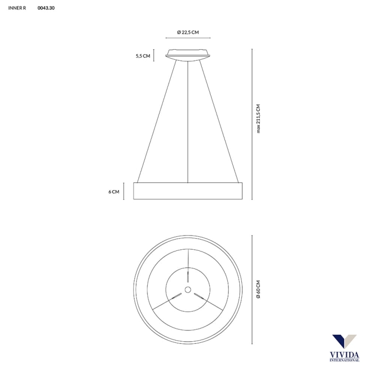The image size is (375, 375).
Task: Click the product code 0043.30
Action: coord(46,8)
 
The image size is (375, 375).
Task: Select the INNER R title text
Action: coord(17,8)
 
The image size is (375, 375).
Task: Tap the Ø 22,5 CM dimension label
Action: coord(188,32)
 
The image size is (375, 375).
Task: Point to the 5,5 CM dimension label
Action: coord(143,56)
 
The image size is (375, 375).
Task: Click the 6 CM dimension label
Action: coord(114,192)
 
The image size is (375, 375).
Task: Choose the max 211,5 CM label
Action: coord(258,119)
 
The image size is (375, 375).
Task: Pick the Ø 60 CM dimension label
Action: coord(258,289)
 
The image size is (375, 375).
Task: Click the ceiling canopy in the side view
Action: coord(188,55)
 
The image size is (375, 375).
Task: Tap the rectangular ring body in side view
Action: coord(187,191)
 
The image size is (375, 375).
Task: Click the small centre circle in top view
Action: coord(188,290)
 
